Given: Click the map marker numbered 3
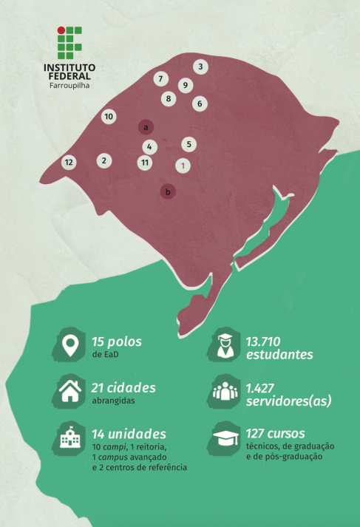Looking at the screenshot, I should tap(200, 67).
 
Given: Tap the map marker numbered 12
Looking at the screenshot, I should tap(69, 162).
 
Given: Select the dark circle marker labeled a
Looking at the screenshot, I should tap(146, 126).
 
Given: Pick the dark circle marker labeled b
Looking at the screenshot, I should tap(169, 192).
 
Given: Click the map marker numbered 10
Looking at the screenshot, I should tap(108, 117).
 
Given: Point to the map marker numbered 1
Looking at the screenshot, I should tap(184, 165).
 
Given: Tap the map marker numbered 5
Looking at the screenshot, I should tap(189, 144).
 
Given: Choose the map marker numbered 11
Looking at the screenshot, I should tap(145, 162).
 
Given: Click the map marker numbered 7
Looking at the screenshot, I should tap(160, 78).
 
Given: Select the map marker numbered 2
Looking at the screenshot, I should tap(104, 160).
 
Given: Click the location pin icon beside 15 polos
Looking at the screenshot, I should tap(70, 346).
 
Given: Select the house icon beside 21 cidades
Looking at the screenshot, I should tap(70, 390).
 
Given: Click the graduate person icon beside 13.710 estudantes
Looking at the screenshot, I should tap(225, 346).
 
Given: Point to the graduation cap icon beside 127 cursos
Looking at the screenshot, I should tap(225, 438).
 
